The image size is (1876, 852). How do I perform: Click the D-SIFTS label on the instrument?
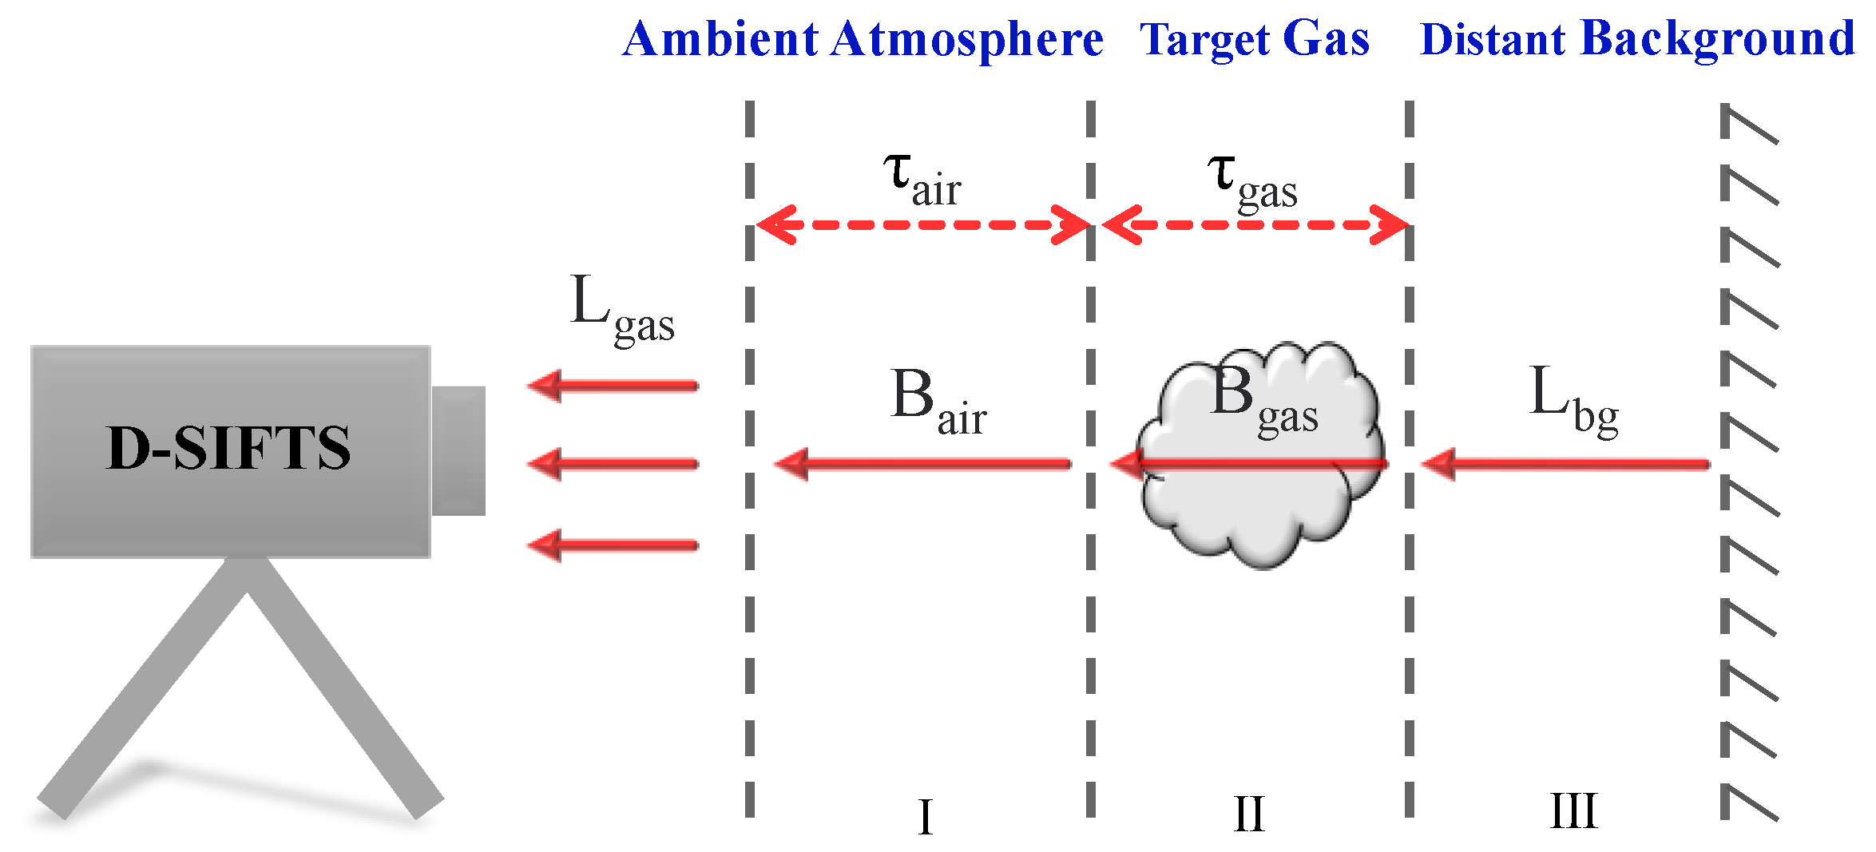point(228,448)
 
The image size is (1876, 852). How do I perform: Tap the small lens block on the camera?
point(458,450)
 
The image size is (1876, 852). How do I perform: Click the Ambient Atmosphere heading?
point(863,40)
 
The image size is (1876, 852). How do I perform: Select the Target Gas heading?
point(1254,40)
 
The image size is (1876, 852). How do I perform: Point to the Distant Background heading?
point(1637,40)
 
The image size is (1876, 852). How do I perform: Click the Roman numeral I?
point(926,816)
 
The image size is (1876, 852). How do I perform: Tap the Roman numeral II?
point(1249,814)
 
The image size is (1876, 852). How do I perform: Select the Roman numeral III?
point(1573,812)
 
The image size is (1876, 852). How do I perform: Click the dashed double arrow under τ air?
point(922,224)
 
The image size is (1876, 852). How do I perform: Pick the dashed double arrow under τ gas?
point(1254,224)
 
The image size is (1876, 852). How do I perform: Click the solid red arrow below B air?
point(922,464)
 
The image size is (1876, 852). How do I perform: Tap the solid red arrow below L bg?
point(1565,464)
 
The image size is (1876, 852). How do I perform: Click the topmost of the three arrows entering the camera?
point(613,386)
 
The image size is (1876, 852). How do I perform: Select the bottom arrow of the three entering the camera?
point(613,545)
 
